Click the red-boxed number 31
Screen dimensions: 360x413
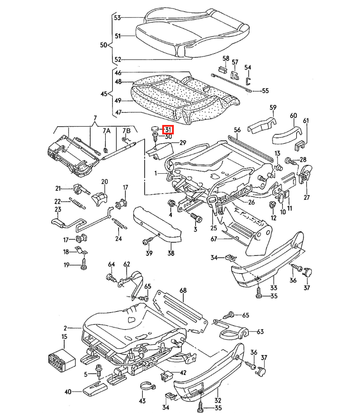(168, 130)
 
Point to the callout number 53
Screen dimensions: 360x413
(117, 18)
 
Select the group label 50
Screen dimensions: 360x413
(104, 45)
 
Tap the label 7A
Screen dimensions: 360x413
(107, 131)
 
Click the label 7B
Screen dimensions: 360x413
(126, 131)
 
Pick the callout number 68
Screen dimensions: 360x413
(183, 290)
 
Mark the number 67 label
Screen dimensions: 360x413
(214, 239)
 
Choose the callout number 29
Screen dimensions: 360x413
(183, 143)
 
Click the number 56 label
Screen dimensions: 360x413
(237, 130)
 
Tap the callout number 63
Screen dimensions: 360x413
(260, 331)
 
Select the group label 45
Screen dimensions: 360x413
(104, 94)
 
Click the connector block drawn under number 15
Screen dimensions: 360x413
(62, 361)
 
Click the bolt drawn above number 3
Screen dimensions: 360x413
(196, 217)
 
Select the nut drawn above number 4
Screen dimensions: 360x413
(171, 204)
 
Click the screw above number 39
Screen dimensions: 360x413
(148, 241)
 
